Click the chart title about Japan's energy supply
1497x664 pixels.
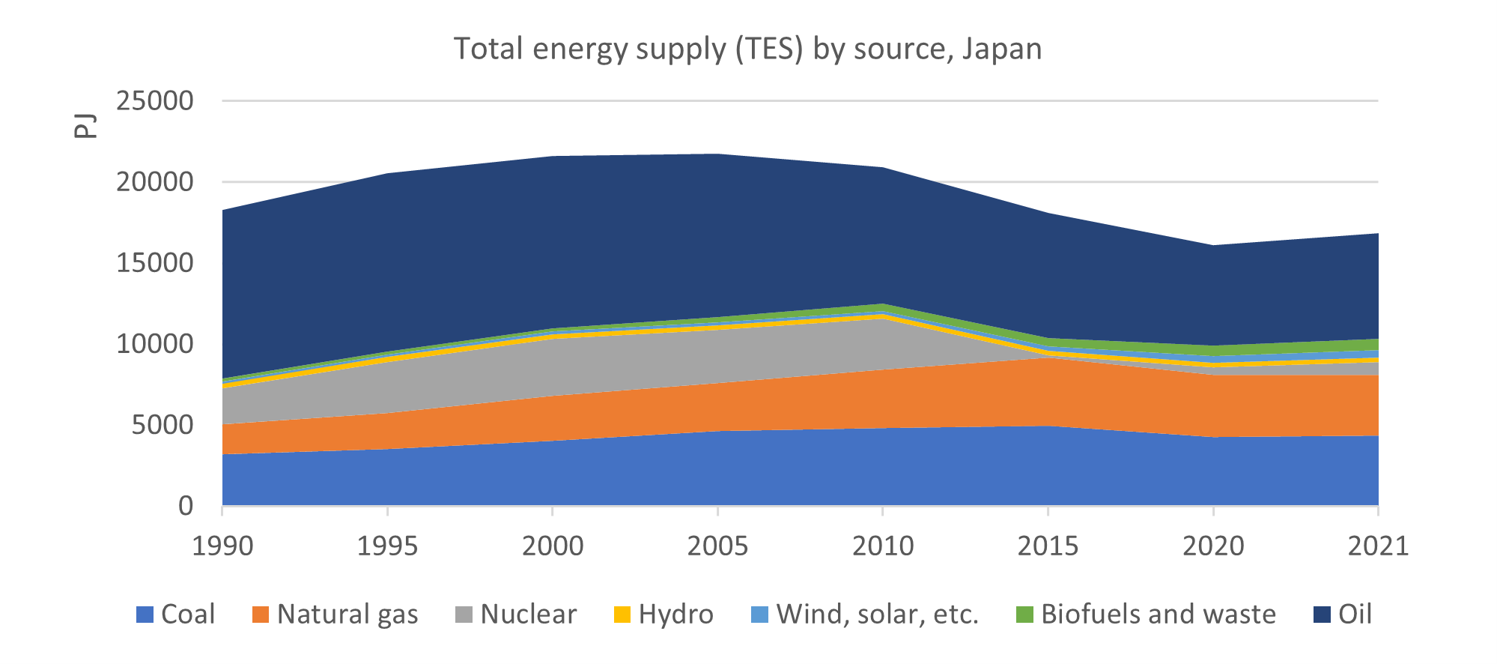point(747,49)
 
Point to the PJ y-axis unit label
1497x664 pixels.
point(86,125)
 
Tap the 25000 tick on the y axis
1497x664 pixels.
point(155,101)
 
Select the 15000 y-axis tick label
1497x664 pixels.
point(155,263)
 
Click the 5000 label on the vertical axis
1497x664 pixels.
point(163,426)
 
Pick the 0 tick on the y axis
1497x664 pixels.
point(185,507)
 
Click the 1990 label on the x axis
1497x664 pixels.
point(222,546)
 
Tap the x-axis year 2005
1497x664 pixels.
point(717,546)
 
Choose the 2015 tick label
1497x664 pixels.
point(1048,546)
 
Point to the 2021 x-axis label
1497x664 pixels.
point(1378,546)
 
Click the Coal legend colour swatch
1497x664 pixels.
point(145,615)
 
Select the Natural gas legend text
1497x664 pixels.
point(347,615)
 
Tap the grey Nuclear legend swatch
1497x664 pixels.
point(464,615)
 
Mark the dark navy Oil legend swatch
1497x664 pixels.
point(1323,615)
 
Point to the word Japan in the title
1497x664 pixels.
point(1001,49)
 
